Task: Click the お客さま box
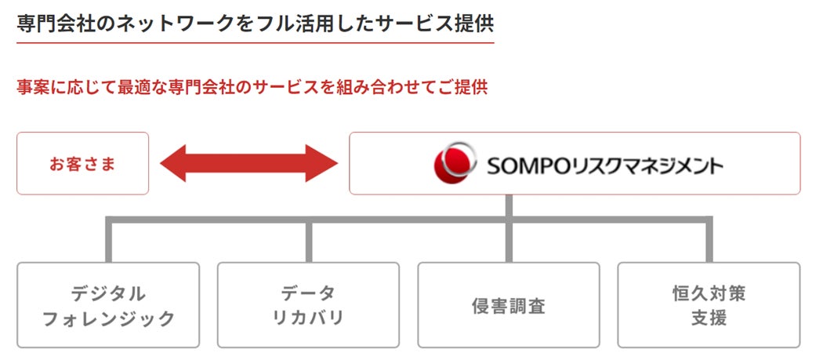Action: pyautogui.click(x=82, y=163)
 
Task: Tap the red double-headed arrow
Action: pyautogui.click(x=248, y=163)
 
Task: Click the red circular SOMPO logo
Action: pyautogui.click(x=453, y=163)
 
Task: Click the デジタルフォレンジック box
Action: pyautogui.click(x=108, y=305)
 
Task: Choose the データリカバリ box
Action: pyautogui.click(x=308, y=305)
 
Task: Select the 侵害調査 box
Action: pyautogui.click(x=508, y=305)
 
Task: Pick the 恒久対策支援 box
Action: pyautogui.click(x=709, y=305)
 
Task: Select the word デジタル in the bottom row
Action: pyautogui.click(x=108, y=293)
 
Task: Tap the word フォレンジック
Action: pyautogui.click(x=108, y=318)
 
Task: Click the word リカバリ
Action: pyautogui.click(x=308, y=318)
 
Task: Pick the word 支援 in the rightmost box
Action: pyautogui.click(x=709, y=318)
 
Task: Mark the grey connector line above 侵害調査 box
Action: pyautogui.click(x=509, y=243)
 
